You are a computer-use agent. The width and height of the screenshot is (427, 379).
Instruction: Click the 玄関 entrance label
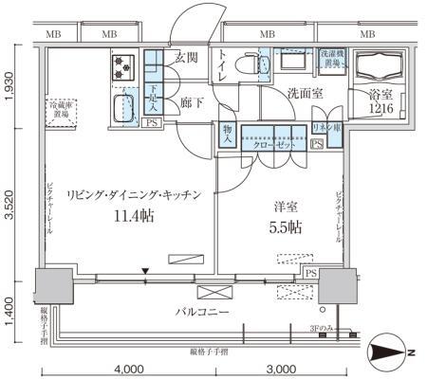pyautogui.click(x=185, y=58)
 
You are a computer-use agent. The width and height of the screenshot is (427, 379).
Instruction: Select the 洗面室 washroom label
pyautogui.click(x=306, y=94)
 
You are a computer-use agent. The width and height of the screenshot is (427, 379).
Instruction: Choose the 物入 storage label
pyautogui.click(x=228, y=135)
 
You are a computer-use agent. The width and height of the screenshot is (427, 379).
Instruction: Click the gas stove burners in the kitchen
pyautogui.click(x=123, y=65)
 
